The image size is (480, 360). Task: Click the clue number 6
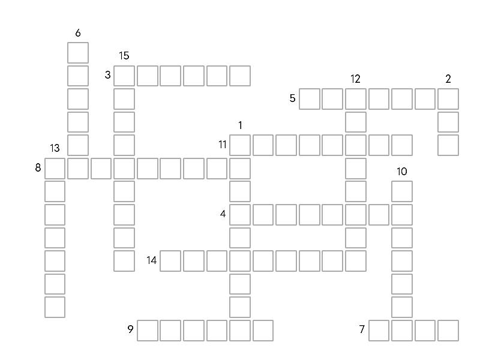point(78,33)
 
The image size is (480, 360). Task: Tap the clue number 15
point(124,56)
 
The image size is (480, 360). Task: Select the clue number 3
point(107,74)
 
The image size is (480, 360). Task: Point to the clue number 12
point(355,79)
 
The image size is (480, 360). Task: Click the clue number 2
point(448,79)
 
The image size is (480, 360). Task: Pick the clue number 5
point(292,98)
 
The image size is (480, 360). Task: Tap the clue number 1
point(241,125)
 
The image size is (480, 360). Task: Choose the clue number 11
point(223,145)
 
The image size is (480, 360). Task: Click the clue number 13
point(55,148)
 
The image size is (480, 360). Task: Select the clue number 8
point(38,167)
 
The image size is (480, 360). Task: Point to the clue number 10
point(402,172)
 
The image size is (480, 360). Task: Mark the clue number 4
point(223,214)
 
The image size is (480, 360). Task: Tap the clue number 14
point(152,260)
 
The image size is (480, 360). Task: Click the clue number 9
point(130,329)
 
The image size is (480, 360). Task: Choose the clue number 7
point(362,329)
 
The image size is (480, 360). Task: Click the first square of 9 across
point(147,331)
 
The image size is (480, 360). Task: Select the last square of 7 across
point(448,331)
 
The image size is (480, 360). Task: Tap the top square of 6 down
point(78,53)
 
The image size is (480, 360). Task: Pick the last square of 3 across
point(240,76)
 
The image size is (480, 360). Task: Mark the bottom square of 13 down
point(55,307)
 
